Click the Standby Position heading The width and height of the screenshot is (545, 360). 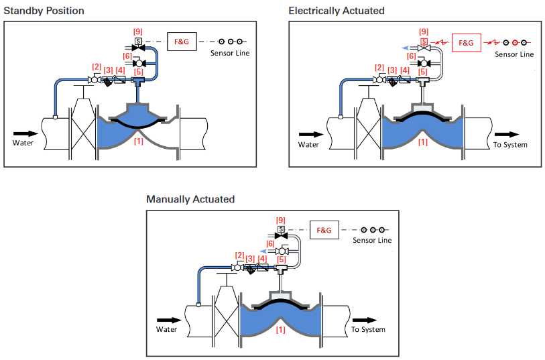(x=44, y=11)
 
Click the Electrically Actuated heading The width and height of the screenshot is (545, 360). (x=337, y=11)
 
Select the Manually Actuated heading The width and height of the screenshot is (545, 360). (x=190, y=200)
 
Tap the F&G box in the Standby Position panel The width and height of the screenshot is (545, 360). (x=182, y=42)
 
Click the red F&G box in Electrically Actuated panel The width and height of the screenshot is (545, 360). (x=467, y=43)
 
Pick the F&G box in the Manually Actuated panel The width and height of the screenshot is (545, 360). (x=324, y=230)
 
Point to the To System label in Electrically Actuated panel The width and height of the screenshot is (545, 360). (x=510, y=145)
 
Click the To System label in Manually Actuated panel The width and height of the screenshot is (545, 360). (x=368, y=329)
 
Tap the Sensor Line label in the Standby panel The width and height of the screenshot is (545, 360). (x=230, y=53)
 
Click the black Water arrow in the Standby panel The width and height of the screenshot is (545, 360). (x=25, y=134)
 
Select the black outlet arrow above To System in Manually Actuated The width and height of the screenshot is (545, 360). (x=365, y=320)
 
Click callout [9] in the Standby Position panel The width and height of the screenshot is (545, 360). (x=138, y=32)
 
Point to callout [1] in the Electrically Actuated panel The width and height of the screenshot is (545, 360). (x=423, y=141)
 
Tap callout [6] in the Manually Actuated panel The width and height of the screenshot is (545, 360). (x=270, y=244)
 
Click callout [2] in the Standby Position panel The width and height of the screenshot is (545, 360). (x=97, y=67)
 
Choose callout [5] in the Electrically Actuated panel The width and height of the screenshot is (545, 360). (x=422, y=72)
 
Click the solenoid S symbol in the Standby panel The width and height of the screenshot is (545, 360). (x=138, y=41)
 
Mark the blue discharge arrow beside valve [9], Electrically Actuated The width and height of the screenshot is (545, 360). (x=406, y=48)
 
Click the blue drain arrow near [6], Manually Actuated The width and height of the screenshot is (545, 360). (x=264, y=251)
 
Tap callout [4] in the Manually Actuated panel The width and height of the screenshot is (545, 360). (x=262, y=259)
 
